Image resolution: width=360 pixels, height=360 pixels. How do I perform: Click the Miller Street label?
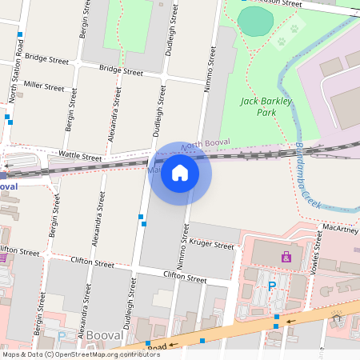tap(44, 84)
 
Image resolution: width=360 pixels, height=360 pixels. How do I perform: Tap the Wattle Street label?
tap(80, 156)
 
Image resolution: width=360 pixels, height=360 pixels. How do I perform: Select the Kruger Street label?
tap(212, 245)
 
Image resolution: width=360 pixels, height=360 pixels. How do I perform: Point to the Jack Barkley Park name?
tap(266, 106)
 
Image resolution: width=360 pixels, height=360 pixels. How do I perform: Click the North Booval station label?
tap(205, 145)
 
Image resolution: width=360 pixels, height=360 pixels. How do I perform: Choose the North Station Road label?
tap(15, 71)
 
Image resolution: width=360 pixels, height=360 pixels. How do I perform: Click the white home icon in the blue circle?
tap(180, 173)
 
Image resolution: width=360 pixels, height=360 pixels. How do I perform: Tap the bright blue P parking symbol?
tap(272, 285)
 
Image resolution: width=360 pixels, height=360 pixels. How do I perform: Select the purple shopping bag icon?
tap(286, 257)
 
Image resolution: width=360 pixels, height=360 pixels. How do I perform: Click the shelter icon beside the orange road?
tap(337, 319)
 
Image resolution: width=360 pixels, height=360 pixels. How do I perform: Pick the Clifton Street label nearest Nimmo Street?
tap(185, 277)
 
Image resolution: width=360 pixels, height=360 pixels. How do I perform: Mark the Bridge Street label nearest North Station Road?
tap(46, 58)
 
